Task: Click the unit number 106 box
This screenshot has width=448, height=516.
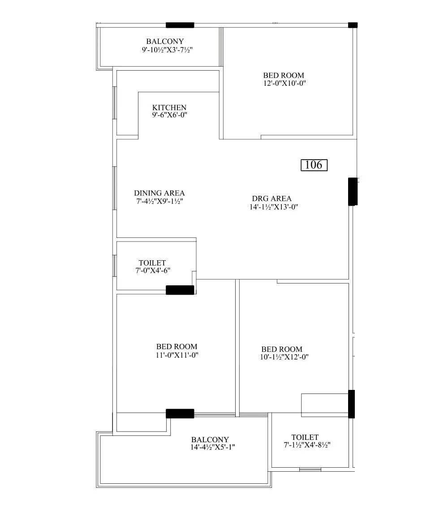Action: (x=314, y=165)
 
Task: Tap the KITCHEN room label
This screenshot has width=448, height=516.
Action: (x=169, y=107)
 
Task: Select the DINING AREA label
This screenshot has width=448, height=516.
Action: (x=159, y=193)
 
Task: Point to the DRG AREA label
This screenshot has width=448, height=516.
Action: (x=271, y=199)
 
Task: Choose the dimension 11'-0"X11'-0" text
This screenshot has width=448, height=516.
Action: (x=177, y=355)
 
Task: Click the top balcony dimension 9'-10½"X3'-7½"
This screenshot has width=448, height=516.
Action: (x=167, y=50)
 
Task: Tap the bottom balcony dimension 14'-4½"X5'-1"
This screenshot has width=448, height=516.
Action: (x=212, y=448)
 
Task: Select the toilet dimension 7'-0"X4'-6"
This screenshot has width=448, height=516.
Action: (x=152, y=271)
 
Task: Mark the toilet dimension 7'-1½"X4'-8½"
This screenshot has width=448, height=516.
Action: (x=307, y=445)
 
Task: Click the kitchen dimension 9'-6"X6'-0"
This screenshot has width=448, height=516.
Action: (x=169, y=115)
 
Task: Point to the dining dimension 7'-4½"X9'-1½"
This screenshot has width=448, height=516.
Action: (x=159, y=201)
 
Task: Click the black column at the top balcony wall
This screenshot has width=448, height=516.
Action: (x=180, y=25)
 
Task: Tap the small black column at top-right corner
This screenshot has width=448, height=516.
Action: (x=353, y=25)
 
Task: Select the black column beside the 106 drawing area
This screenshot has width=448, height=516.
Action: (x=353, y=191)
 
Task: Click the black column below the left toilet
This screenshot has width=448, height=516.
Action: (x=180, y=290)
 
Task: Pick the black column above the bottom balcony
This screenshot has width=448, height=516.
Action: (x=180, y=413)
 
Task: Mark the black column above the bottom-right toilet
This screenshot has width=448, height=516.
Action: (x=352, y=404)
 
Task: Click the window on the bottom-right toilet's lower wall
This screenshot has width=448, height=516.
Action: (x=310, y=469)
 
